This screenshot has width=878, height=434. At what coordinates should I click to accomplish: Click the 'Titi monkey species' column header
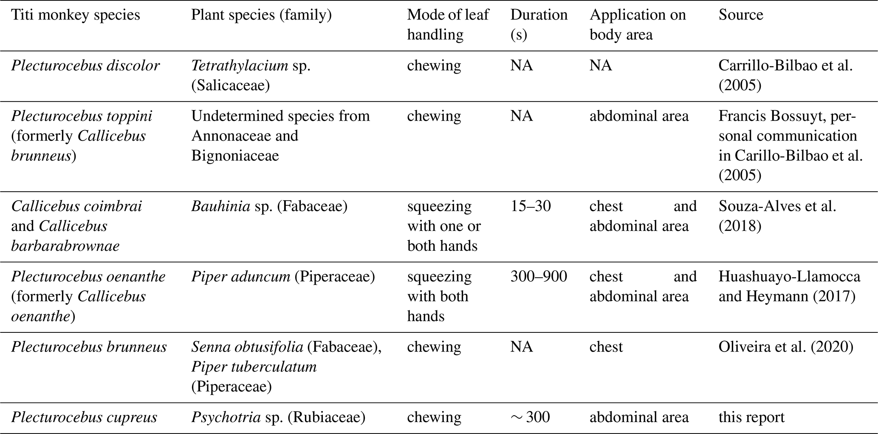point(75,15)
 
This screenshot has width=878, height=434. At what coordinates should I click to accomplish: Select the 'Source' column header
point(741,15)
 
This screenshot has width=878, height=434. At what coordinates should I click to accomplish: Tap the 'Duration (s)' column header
point(539,24)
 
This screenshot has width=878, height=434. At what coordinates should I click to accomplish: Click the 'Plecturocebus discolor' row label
point(85,65)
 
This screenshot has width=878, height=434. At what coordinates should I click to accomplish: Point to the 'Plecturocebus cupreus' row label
point(84,417)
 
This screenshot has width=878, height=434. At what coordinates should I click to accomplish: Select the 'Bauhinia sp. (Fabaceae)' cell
point(269,206)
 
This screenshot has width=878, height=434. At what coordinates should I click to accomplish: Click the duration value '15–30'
point(531,206)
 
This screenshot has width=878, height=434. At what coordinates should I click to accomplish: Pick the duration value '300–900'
point(539,277)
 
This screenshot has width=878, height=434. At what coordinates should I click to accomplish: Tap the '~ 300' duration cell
point(531,417)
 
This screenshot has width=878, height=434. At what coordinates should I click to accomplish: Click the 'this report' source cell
point(751,417)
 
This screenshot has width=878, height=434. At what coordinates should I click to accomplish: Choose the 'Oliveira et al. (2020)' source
point(786,347)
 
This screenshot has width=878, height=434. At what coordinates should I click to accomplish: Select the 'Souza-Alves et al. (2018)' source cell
point(777,216)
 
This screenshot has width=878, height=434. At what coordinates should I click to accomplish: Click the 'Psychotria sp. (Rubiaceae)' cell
point(278,417)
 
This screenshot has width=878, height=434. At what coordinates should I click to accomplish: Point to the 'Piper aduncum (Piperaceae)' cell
point(283,277)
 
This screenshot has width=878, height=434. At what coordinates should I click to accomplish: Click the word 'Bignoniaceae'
point(235,156)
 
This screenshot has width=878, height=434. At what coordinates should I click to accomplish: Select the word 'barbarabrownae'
point(65,246)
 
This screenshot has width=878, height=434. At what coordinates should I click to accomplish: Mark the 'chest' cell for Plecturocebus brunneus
point(606,347)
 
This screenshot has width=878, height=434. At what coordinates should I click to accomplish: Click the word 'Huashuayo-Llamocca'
point(789,277)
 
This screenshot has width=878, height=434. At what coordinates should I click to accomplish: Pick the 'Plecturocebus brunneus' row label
point(89,347)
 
